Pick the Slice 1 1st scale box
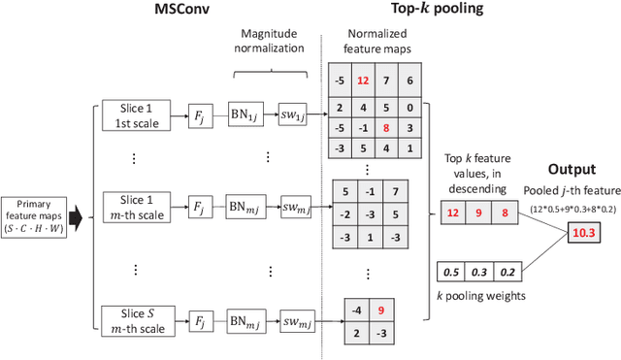(x=136, y=117)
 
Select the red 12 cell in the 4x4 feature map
(x=363, y=82)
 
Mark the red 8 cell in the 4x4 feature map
(x=388, y=127)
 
